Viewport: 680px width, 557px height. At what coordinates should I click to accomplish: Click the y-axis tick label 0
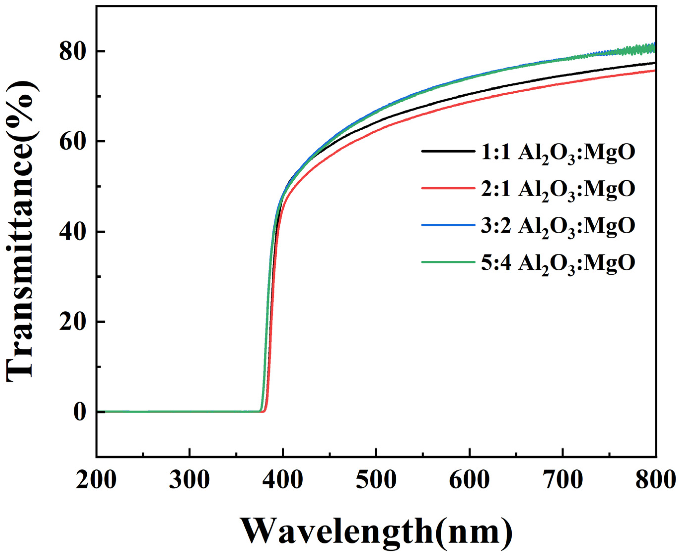click(80, 412)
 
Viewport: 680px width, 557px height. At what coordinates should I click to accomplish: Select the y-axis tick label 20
click(73, 322)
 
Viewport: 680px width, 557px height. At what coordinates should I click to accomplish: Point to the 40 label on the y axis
click(73, 231)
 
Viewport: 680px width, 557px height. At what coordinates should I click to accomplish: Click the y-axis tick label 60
click(73, 141)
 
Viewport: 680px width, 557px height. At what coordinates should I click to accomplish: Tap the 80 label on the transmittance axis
click(73, 51)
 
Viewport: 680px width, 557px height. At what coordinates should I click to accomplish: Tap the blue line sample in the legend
click(448, 225)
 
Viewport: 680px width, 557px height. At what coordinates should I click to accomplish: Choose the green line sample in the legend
click(448, 262)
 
